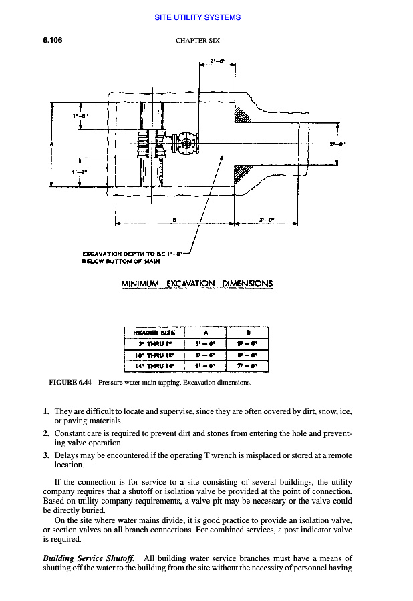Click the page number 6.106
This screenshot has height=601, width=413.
tap(53, 40)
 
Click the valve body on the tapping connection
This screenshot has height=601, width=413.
tap(184, 142)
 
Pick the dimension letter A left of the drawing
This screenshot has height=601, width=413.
tap(51, 142)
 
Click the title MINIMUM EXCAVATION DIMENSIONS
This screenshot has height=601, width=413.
tap(196, 284)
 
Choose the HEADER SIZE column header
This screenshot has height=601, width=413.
tap(152, 333)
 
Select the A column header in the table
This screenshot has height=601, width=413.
tap(205, 333)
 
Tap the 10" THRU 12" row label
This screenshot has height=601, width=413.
tap(152, 355)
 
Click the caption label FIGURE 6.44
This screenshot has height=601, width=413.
tap(70, 383)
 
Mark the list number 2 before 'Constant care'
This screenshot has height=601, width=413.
tap(46, 433)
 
